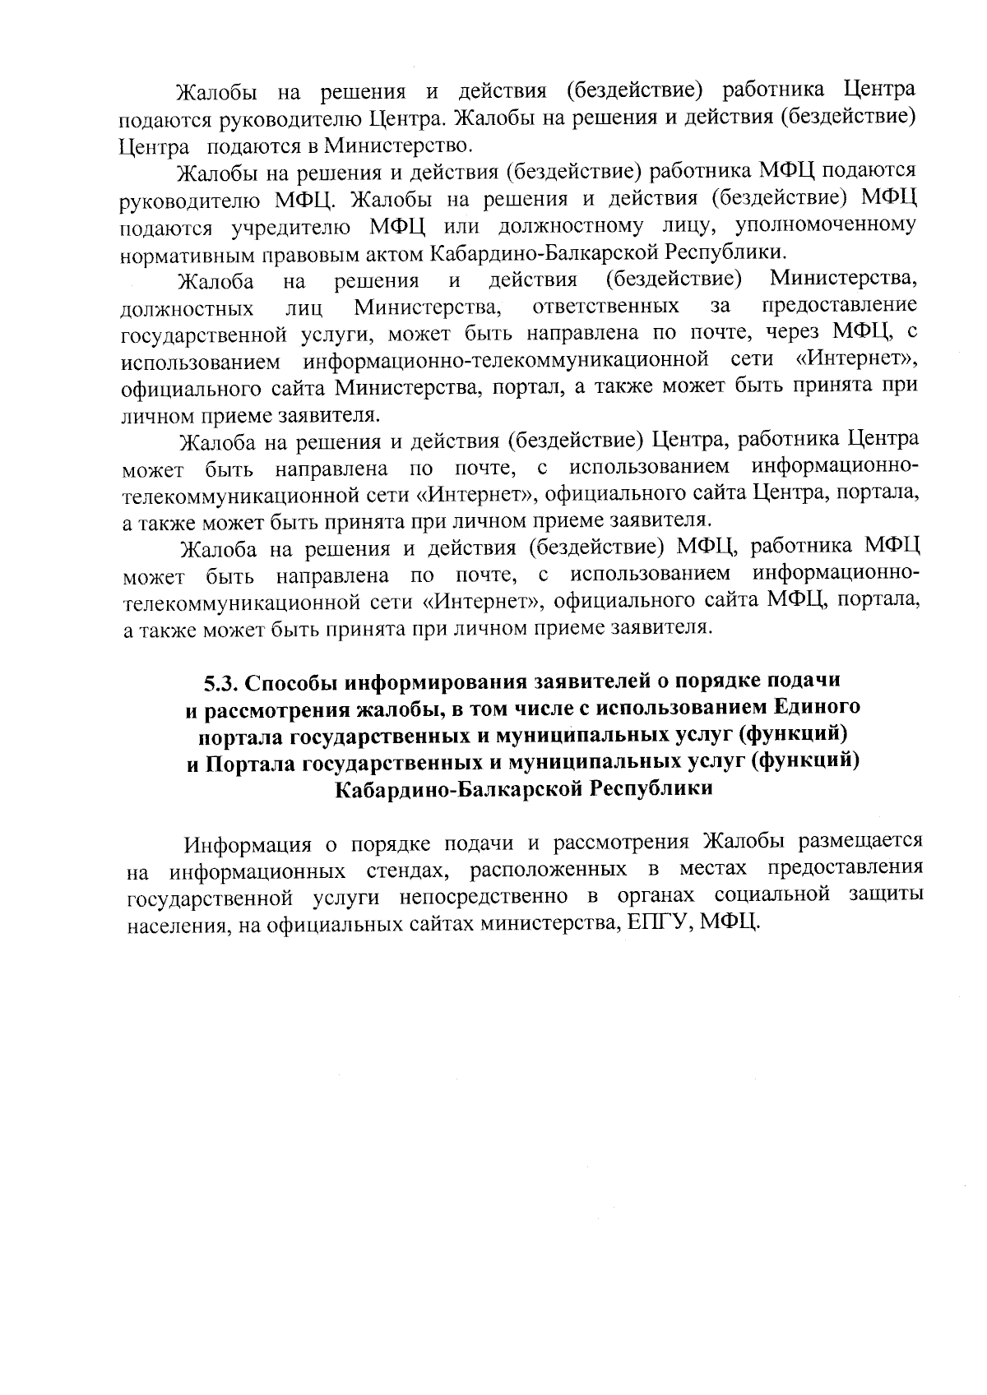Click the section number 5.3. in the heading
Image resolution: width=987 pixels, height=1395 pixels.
coord(220,683)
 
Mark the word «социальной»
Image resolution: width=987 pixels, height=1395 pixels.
coord(772,895)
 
